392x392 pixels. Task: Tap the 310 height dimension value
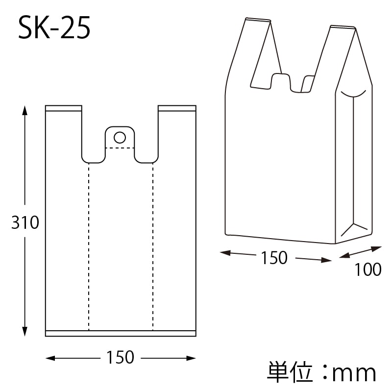coord(25,223)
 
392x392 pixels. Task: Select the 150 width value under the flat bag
coord(120,357)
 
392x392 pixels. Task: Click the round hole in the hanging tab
coord(120,137)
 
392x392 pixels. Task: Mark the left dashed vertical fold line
coord(89,245)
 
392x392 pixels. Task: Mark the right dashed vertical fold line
coord(152,245)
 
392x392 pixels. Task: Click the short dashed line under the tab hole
coord(120,147)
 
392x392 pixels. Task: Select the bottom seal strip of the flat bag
coord(120,333)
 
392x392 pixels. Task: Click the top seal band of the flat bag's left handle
coord(63,108)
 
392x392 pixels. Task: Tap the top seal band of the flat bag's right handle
coord(177,108)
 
